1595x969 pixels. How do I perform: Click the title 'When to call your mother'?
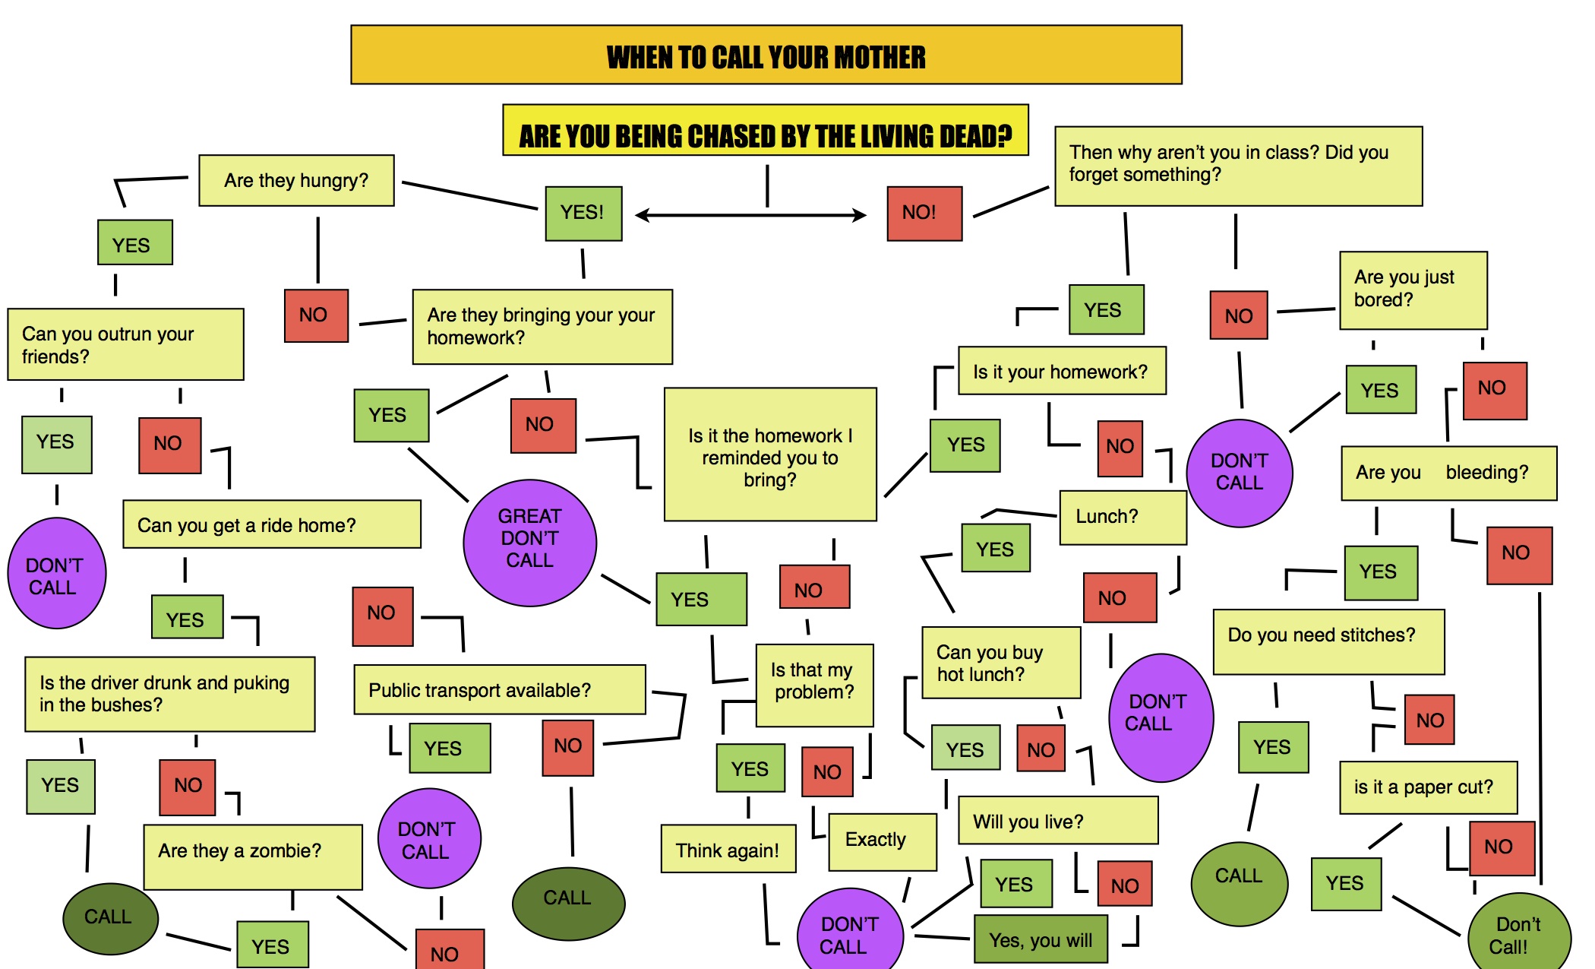[766, 55]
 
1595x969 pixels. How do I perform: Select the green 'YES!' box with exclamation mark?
[583, 214]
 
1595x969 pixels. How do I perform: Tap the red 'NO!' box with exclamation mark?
[924, 214]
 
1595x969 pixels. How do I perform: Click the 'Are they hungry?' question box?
[296, 181]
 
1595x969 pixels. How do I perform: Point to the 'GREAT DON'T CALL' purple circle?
[529, 542]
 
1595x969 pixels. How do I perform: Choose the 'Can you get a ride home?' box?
[271, 524]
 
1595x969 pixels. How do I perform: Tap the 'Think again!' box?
[728, 849]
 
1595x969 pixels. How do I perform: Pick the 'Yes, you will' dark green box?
[1041, 939]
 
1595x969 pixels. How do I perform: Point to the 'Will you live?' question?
[1057, 821]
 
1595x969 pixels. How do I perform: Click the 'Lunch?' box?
[1122, 517]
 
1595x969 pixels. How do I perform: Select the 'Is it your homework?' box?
[1061, 371]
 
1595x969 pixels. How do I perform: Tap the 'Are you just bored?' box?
[1412, 290]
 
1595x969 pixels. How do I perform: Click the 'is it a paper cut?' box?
[1427, 787]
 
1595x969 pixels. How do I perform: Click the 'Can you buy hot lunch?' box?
[1000, 662]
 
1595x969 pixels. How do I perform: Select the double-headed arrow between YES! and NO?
[750, 216]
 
